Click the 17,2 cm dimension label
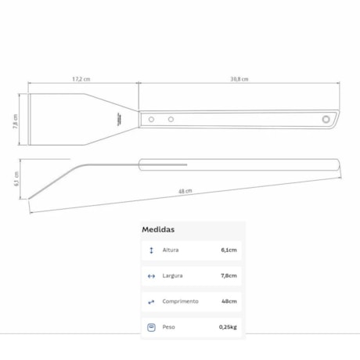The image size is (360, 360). point(81,79)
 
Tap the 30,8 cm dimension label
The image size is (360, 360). point(239,79)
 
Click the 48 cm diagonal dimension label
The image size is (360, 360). point(185,190)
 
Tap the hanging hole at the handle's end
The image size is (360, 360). point(326,119)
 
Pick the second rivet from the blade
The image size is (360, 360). point(171,119)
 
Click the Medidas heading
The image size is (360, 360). point(158,230)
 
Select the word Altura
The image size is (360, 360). point(171,250)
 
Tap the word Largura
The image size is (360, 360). point(173,275)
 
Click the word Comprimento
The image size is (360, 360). point(180,301)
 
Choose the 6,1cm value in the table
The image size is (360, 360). point(229,250)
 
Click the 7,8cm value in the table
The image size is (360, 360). point(229,275)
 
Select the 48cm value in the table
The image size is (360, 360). point(229,301)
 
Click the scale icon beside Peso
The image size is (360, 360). point(151,326)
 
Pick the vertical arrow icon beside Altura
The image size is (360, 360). point(151,250)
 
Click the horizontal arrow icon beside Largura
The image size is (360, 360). point(151,275)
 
